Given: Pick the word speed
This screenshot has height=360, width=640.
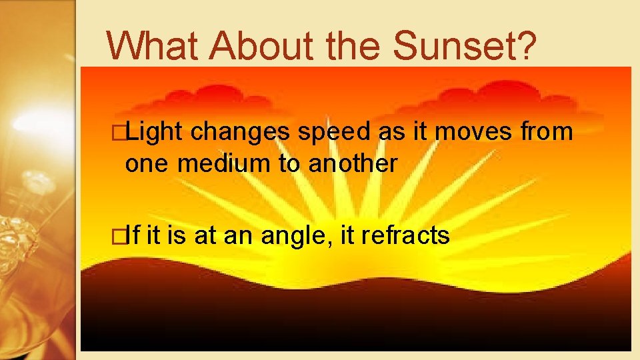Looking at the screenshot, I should (x=334, y=133).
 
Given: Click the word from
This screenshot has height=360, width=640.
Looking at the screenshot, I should (x=547, y=133).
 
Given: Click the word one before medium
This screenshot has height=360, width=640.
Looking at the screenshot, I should (x=147, y=163).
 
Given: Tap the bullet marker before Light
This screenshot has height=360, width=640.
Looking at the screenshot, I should (x=119, y=133).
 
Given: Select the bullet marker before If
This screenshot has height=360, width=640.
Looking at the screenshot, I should (x=119, y=235).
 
